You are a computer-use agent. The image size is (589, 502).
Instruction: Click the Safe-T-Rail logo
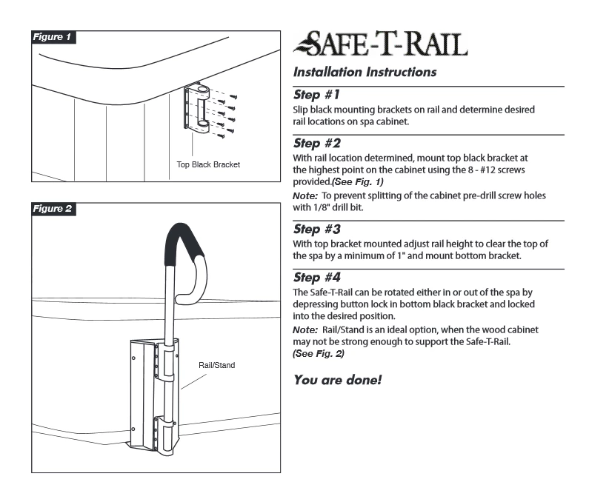coord(380,45)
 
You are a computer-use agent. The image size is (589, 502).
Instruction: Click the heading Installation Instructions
coord(365,73)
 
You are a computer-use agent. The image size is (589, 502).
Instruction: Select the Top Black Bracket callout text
coord(208,164)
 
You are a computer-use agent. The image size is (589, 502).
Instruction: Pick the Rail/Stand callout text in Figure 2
coord(216,365)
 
